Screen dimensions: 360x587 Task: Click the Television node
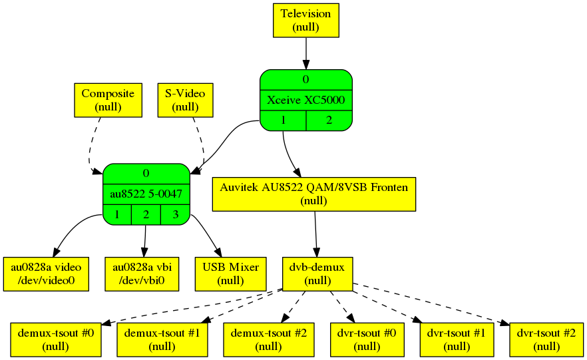pos(305,20)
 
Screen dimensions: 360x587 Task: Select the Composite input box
pos(107,100)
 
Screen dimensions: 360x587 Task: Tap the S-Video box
pos(184,100)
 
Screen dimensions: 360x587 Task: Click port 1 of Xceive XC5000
pos(283,120)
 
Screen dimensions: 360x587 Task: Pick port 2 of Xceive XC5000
pos(328,120)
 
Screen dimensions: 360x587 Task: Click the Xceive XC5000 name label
pos(305,100)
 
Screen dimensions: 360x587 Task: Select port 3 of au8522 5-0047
pos(175,214)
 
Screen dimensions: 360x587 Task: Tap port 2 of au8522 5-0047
pos(146,214)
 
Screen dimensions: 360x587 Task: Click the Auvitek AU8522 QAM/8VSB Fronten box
pos(314,194)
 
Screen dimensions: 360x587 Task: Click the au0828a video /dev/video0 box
pos(46,273)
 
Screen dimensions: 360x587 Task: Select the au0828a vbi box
pos(143,273)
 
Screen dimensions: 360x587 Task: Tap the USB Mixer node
pos(226,273)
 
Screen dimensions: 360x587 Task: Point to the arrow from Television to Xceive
pos(305,53)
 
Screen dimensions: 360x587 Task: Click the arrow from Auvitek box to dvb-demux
pos(315,233)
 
